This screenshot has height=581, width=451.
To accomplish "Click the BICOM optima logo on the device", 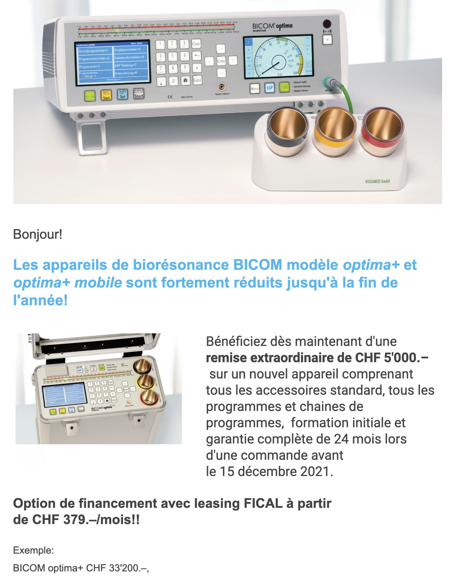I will [272, 26].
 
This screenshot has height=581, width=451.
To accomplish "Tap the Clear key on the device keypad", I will [196, 44].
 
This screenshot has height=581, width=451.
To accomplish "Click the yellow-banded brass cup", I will [335, 128].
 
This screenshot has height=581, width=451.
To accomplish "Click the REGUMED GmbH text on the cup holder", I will [377, 181].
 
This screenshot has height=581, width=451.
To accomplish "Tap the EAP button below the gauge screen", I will [269, 88].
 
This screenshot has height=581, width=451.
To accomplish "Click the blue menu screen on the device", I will [113, 62].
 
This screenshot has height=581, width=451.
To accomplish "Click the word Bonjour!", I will [38, 234].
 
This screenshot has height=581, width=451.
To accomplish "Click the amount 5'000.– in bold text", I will [406, 358].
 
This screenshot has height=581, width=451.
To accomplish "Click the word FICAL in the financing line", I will [263, 503].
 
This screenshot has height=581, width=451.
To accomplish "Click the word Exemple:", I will [33, 550].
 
